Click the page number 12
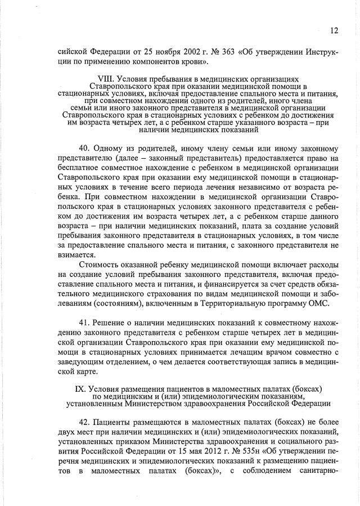pos(334,30)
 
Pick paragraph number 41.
pos(85,324)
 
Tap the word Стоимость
pos(100,265)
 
